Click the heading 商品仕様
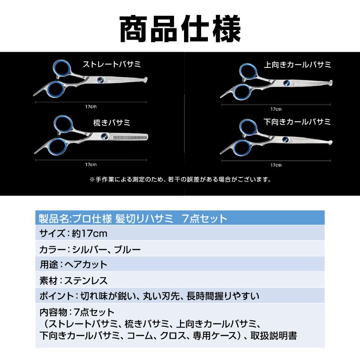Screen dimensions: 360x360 pos(180,29)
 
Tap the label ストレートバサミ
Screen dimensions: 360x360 pos(111,64)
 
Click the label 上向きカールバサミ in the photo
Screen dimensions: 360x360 pos(298,65)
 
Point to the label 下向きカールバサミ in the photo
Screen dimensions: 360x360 pos(298,121)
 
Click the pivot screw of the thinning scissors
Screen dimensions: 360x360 pos(104,136)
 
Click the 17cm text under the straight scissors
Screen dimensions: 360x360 pos(90,107)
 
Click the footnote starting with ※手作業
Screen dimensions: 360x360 pos(180,180)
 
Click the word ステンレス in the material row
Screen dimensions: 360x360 pos(85,281)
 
